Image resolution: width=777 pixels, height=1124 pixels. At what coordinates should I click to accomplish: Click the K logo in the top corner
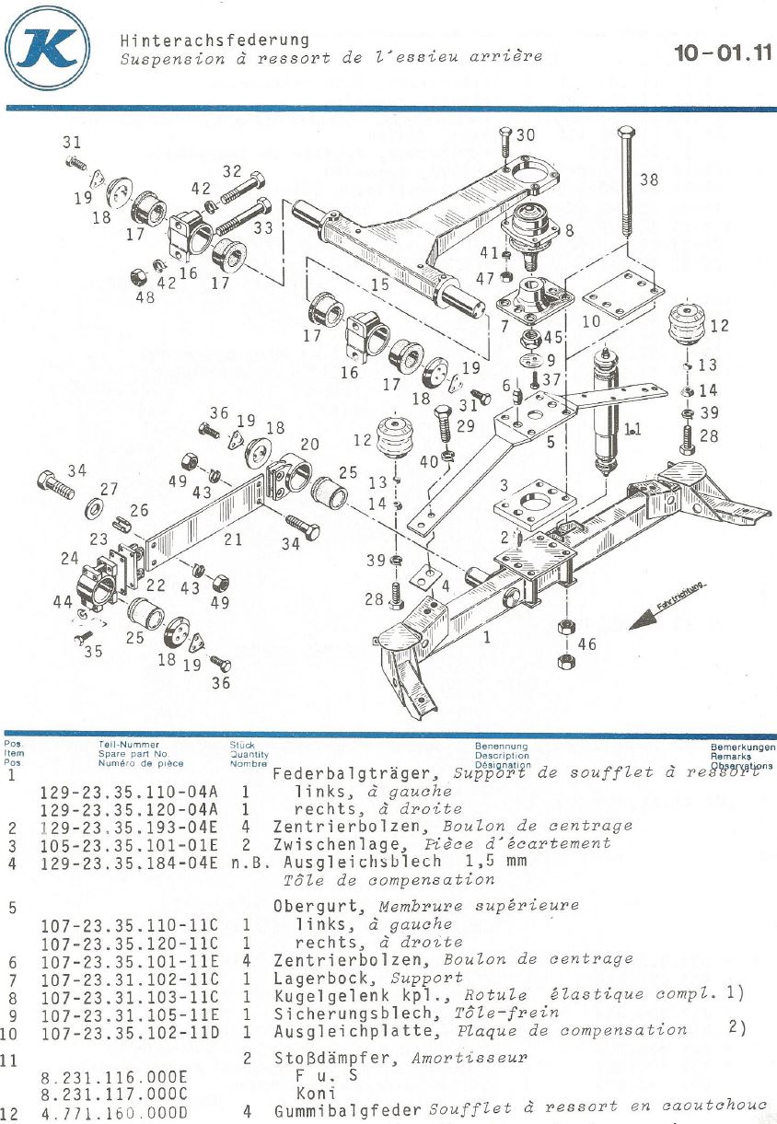coord(47,48)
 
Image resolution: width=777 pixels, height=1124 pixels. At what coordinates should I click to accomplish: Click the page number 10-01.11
coord(723,52)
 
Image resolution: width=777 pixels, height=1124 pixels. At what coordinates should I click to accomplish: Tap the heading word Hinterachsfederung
coord(214,41)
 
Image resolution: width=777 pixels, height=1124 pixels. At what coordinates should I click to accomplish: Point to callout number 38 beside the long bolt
coord(649,180)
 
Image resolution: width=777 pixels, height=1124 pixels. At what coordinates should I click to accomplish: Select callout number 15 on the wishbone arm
coord(379,285)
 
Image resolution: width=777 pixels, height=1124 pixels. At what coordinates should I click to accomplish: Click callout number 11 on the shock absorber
coord(632,428)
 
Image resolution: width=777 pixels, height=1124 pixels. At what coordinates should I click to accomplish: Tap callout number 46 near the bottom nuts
coord(586,644)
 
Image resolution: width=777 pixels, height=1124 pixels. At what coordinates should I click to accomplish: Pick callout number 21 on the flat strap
coord(233,539)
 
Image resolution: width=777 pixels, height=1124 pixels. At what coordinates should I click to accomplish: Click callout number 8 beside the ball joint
coord(569,231)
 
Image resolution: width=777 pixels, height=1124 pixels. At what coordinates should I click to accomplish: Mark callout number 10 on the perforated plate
coord(591,321)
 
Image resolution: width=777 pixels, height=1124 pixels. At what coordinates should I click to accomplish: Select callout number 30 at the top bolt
coord(525,135)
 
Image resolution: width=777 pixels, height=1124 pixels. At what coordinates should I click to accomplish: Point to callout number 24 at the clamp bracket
coord(70,558)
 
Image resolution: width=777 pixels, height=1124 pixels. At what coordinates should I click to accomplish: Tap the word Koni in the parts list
coord(310,1093)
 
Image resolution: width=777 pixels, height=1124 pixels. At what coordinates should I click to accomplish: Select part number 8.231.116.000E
coord(114,1075)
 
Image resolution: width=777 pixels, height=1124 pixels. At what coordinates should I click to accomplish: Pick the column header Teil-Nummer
coord(128,745)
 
